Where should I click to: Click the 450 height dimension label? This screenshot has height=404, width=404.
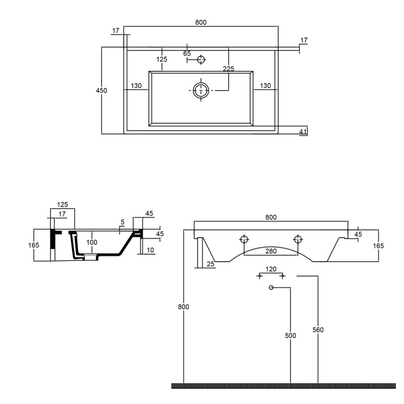(102, 90)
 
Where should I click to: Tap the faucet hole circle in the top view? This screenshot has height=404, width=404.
(200, 60)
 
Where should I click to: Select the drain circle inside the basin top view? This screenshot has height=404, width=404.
(201, 90)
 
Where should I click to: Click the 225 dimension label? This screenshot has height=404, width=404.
(229, 69)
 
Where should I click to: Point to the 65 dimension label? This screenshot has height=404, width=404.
(187, 54)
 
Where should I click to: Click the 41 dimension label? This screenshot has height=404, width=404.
(303, 132)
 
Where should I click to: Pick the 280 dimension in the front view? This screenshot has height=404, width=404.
(271, 251)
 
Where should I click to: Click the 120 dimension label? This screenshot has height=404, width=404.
(271, 269)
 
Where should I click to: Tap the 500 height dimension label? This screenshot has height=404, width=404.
(290, 335)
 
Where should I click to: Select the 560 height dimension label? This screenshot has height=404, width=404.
(318, 330)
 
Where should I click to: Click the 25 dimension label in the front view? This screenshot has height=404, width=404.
(211, 264)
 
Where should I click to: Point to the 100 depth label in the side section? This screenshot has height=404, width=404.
(92, 242)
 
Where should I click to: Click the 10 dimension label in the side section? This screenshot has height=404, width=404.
(150, 249)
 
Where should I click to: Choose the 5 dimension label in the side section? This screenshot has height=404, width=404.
(122, 222)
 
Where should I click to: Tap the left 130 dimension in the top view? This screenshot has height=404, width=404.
(136, 85)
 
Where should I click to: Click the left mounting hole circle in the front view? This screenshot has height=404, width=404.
(244, 239)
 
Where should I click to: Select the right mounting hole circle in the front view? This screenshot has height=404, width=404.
(298, 239)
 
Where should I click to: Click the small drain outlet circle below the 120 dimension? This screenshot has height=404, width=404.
(271, 287)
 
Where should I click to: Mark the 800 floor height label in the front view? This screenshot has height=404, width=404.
(183, 307)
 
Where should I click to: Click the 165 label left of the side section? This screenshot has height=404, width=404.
(34, 245)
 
